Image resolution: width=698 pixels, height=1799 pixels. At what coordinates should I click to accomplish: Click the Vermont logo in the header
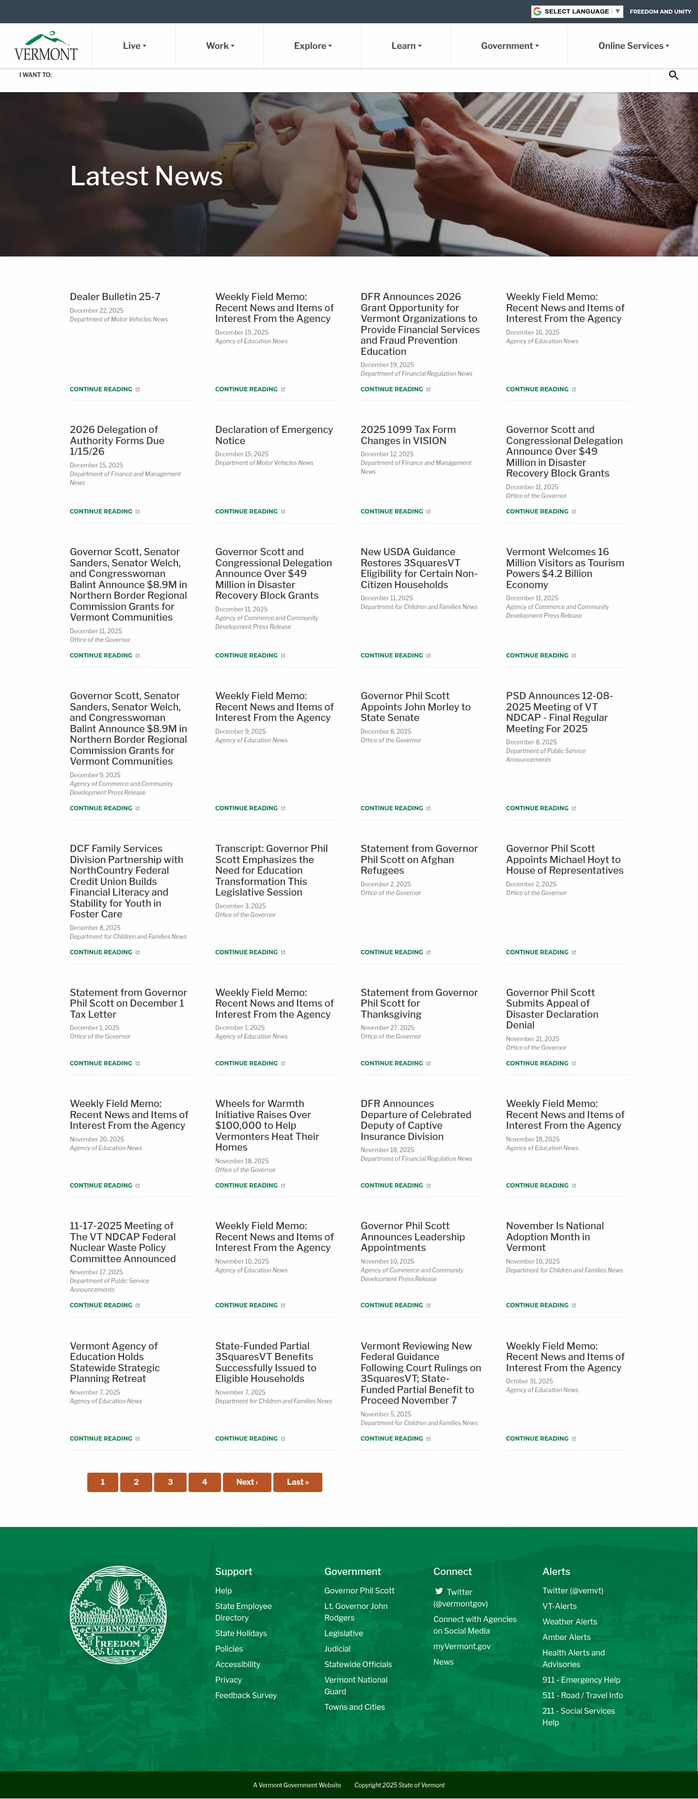click(46, 46)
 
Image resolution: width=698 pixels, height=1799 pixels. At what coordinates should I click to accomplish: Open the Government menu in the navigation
click(509, 46)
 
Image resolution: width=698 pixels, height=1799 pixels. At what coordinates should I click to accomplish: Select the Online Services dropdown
click(633, 46)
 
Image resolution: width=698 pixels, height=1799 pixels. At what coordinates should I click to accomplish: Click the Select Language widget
click(576, 11)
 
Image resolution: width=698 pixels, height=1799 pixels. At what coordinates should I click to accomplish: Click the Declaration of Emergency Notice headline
click(273, 435)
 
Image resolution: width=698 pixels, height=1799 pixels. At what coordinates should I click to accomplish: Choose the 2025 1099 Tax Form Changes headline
click(408, 435)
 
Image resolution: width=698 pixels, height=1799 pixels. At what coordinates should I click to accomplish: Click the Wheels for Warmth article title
click(267, 1125)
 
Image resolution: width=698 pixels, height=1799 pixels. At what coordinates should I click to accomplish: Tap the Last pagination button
click(297, 1482)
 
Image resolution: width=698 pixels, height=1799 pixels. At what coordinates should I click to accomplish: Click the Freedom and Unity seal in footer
click(118, 1615)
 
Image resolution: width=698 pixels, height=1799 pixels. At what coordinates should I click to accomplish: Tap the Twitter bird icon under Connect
click(439, 1591)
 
